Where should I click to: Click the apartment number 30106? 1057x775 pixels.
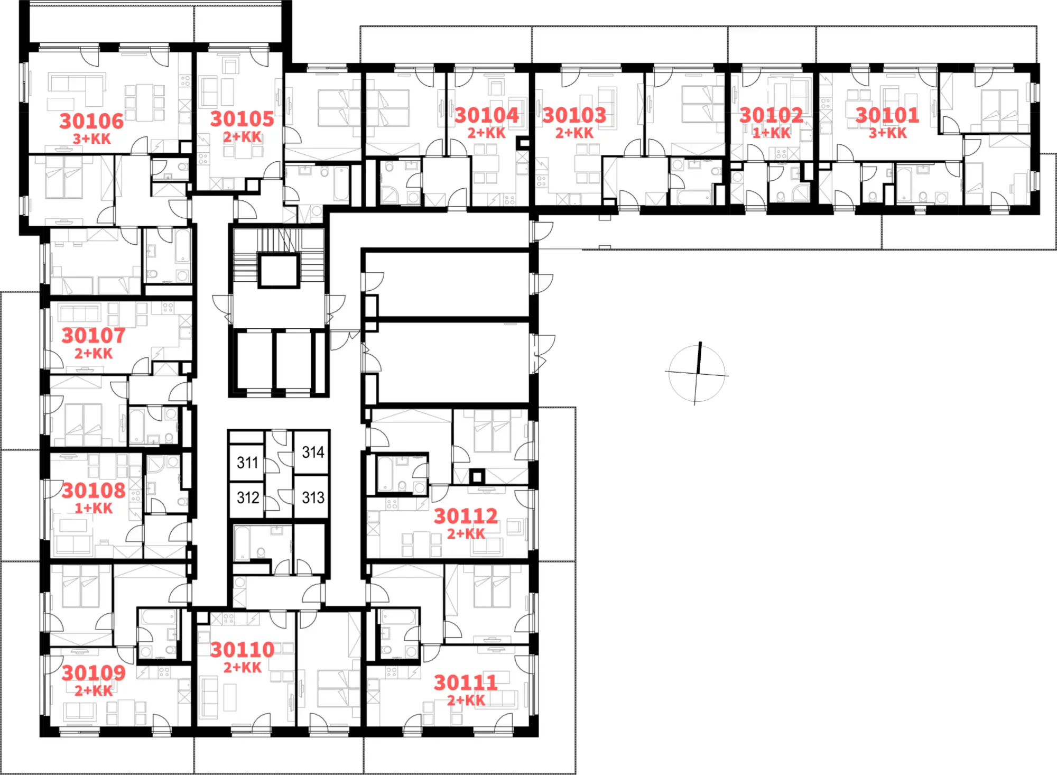91,121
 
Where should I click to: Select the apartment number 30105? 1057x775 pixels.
242,119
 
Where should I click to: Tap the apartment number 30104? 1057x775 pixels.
487,115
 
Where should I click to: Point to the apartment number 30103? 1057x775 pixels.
574,115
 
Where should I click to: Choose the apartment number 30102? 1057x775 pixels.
771,115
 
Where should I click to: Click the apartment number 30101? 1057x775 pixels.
887,115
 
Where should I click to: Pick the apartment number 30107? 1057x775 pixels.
94,335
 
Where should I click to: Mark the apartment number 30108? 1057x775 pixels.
94,490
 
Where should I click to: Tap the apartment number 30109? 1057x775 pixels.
94,672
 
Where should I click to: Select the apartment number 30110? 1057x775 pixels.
242,649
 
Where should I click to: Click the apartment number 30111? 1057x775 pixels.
466,682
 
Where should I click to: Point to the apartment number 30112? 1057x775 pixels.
466,516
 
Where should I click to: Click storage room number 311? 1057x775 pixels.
247,463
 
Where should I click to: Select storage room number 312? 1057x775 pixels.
247,497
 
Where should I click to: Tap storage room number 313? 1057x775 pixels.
313,497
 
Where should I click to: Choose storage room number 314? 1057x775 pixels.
313,452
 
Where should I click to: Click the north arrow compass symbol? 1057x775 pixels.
697,373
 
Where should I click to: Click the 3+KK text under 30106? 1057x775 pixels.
92,139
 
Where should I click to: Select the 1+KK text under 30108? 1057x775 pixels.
94,508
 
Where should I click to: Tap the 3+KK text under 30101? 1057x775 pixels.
888,133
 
